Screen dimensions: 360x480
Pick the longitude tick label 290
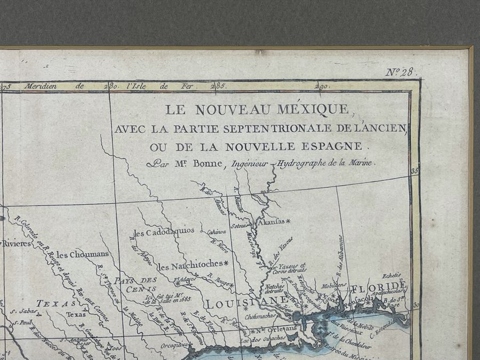(322, 86)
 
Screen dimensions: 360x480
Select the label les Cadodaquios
(164, 233)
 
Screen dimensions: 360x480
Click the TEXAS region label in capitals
(55, 303)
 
